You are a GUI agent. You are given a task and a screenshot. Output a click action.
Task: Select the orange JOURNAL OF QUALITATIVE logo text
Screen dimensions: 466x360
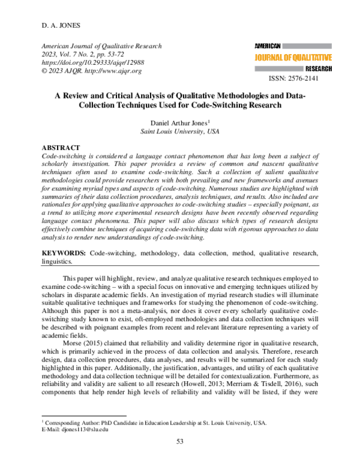[293, 58]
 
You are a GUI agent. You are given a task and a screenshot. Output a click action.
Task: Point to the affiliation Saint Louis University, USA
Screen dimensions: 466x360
[180, 130]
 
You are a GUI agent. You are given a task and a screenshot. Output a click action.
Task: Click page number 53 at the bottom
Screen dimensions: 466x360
[180, 442]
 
